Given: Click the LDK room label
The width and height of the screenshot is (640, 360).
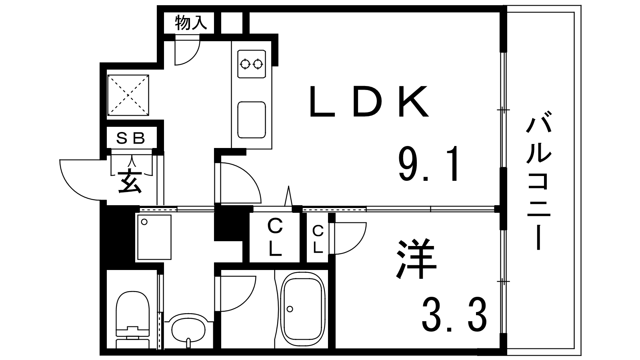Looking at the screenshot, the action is click(x=369, y=102).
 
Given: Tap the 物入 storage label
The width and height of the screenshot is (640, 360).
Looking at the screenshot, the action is click(x=191, y=23).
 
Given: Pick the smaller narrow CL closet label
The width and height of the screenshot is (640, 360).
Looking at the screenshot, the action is click(x=318, y=240).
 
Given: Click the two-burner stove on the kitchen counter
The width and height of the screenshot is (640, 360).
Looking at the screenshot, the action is click(x=252, y=64).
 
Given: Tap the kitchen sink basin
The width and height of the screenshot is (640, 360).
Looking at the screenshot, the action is click(x=252, y=120).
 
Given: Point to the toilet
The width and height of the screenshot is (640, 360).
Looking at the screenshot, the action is click(x=132, y=320).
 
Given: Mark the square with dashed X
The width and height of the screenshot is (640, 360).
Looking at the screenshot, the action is click(x=128, y=95).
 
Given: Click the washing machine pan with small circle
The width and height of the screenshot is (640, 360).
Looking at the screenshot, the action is click(x=154, y=237).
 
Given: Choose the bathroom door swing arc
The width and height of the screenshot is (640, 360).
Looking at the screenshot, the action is click(x=248, y=298).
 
